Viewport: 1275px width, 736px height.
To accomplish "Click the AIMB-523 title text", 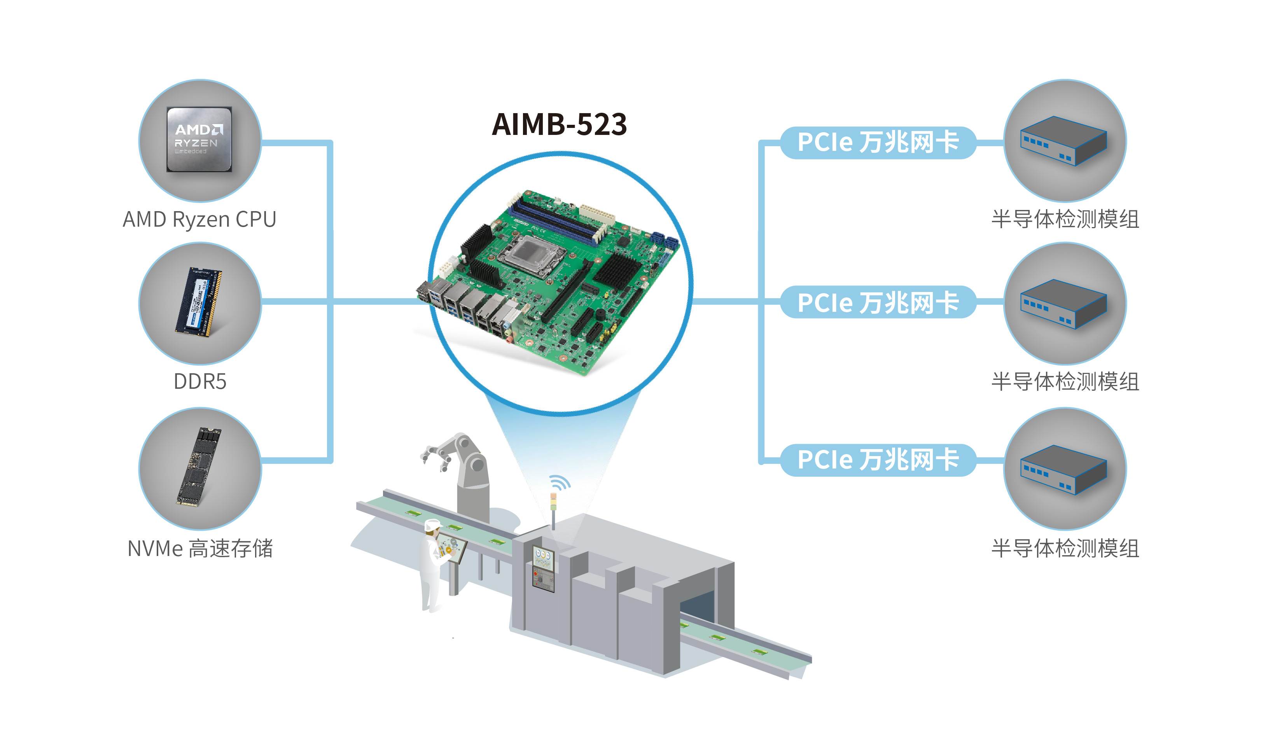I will [x=559, y=124].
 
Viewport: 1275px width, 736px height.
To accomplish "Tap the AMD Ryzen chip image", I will [x=199, y=140].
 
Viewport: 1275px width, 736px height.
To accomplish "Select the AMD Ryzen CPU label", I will [x=199, y=219].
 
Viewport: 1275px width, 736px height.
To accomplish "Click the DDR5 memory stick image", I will [x=199, y=302].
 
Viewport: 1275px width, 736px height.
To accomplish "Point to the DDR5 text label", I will [x=200, y=381].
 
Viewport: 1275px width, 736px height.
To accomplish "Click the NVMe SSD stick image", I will [x=199, y=466].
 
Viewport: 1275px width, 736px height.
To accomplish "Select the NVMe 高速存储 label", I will [x=200, y=549].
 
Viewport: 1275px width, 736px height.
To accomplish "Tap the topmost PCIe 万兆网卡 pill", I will [x=878, y=143].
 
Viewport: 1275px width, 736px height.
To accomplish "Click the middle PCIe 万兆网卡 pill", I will [x=878, y=302].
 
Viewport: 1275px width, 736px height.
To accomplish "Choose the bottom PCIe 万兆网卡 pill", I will [x=878, y=460].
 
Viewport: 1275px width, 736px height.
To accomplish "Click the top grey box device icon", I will [x=1064, y=140].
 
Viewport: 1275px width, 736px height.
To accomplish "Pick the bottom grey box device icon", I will [x=1064, y=469].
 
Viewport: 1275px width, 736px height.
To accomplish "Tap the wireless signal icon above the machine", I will [x=559, y=483].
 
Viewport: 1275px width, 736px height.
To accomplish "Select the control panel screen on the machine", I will [x=544, y=556].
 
